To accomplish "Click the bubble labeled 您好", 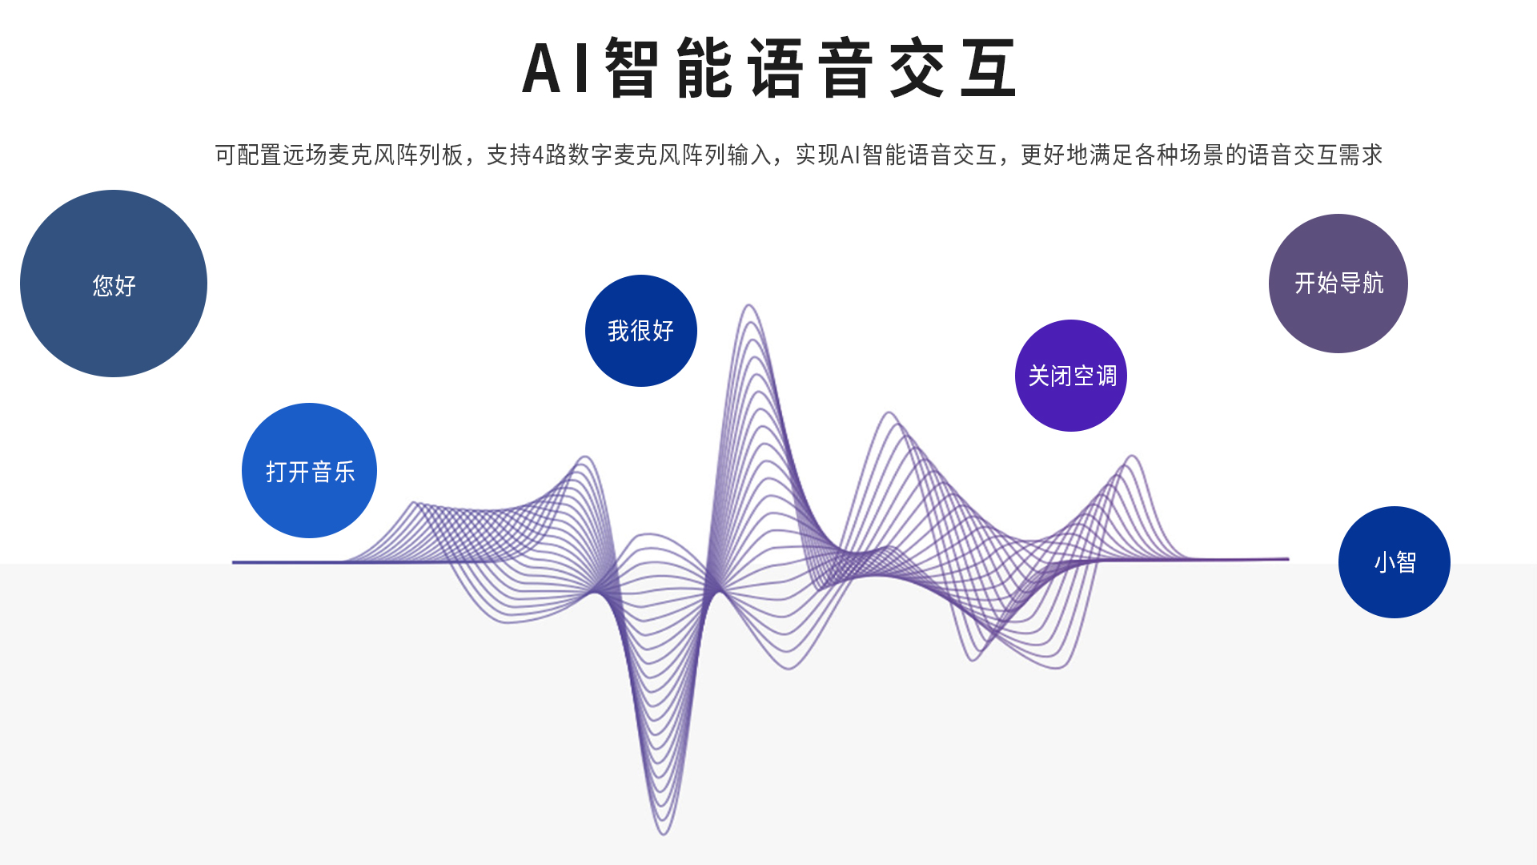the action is (x=114, y=284).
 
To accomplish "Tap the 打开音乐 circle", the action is (x=309, y=470).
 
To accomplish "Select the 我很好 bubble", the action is (x=641, y=331).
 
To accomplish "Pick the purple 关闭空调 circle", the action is (x=1071, y=376).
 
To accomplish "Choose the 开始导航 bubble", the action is (x=1338, y=284).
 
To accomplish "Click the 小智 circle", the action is (x=1395, y=562).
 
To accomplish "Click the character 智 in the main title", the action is (x=632, y=68).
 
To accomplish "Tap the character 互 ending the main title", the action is (x=989, y=68).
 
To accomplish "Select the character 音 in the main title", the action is (x=845, y=68).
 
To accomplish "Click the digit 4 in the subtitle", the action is (x=538, y=155).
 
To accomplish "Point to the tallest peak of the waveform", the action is (x=748, y=305).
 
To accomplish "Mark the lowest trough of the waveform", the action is (x=664, y=834).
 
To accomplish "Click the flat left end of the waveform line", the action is (x=234, y=562).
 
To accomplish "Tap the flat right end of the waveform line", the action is (x=1287, y=559).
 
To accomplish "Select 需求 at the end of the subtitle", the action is (x=1361, y=155).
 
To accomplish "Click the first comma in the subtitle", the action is (x=471, y=160).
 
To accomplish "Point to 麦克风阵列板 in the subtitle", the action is (x=396, y=155).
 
